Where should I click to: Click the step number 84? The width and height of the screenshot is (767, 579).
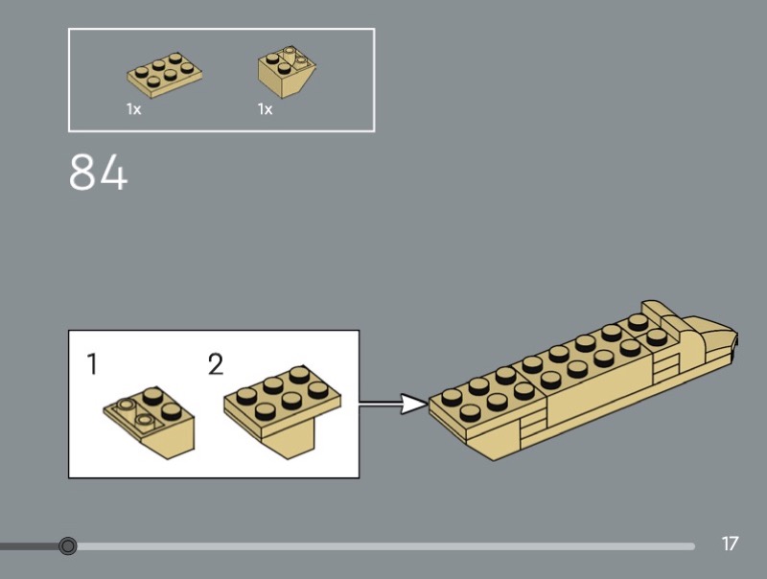tap(98, 173)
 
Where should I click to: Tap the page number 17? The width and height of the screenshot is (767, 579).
tap(730, 544)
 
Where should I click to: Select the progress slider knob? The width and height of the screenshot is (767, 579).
tap(67, 546)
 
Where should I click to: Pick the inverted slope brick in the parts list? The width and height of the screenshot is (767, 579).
tap(287, 71)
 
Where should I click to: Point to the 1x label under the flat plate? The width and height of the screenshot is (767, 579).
tap(133, 109)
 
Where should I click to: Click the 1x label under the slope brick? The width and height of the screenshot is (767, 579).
tap(265, 109)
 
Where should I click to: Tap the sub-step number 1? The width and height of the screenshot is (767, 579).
tap(92, 364)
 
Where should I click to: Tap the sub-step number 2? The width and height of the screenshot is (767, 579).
tap(216, 364)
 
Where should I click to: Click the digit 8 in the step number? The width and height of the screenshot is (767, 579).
tap(83, 173)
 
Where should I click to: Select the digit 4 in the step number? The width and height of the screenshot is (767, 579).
tap(112, 173)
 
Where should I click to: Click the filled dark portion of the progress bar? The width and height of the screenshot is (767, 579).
tap(29, 546)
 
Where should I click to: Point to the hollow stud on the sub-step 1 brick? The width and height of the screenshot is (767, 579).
tap(144, 420)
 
